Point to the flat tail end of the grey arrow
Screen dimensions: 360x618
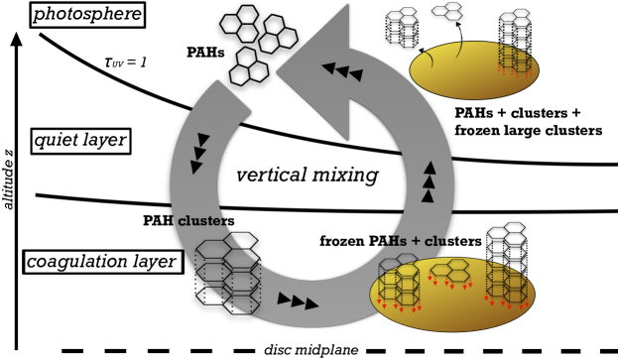coord(232,96)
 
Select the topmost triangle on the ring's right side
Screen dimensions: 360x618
coord(430,168)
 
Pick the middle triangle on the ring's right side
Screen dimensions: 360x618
coord(429,181)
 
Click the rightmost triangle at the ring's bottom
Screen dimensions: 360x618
coord(312,303)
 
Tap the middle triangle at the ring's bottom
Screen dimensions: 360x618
coord(299,301)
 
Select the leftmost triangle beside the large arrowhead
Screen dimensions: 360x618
coord(328,68)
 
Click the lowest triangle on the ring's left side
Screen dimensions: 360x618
coord(195,167)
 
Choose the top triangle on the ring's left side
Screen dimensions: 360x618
coord(203,140)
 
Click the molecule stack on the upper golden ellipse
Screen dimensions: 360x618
coord(515,60)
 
